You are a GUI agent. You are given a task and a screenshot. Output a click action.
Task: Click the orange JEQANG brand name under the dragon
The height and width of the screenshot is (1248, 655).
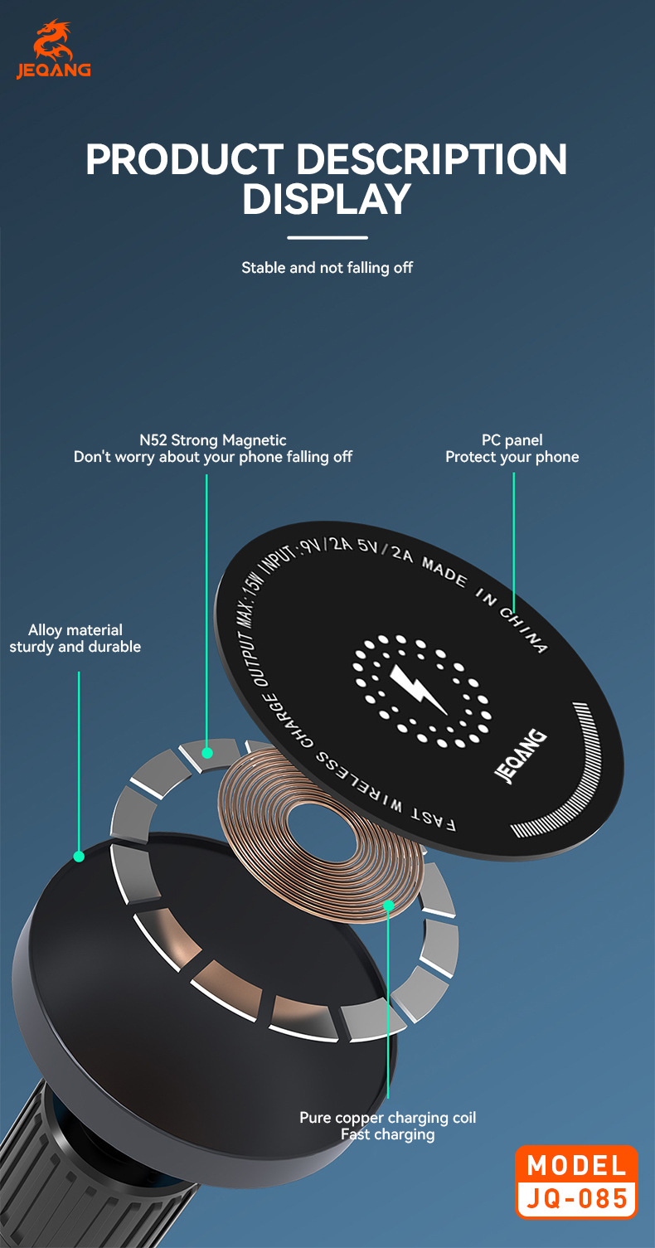[x=54, y=71]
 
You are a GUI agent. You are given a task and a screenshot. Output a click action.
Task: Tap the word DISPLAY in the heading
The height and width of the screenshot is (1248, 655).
[x=327, y=199]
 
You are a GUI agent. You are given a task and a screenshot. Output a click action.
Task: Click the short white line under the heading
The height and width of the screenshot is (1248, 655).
[x=327, y=238]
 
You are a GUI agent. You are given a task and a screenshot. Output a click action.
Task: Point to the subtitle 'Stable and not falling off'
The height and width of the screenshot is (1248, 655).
[x=327, y=268]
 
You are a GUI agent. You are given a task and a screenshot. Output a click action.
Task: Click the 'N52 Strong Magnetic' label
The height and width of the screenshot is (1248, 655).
[x=213, y=440]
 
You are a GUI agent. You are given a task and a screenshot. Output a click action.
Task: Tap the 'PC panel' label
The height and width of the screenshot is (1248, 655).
[x=512, y=440]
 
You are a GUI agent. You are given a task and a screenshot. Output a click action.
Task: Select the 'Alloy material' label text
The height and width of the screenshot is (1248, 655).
[x=75, y=630]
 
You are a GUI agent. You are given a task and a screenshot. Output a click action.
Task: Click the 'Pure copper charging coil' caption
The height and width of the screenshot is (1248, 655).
[x=388, y=1118]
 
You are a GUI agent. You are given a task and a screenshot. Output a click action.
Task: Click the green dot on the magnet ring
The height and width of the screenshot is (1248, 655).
[x=207, y=753]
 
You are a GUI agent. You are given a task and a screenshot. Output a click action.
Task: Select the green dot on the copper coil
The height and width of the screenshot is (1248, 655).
[x=388, y=906]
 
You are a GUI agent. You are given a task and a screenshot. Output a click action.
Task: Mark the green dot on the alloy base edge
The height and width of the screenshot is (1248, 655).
[x=79, y=856]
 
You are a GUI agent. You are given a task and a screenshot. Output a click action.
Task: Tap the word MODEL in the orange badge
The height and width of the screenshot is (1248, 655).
[x=577, y=1166]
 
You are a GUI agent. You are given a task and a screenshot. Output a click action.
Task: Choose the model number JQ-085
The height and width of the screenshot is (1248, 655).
[x=577, y=1199]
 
